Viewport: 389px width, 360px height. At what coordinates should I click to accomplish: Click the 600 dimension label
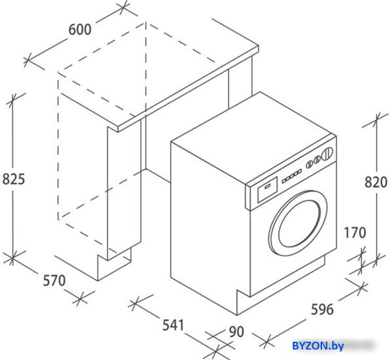pyautogui.click(x=80, y=29)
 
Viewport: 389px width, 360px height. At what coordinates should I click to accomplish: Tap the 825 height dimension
pyautogui.click(x=14, y=179)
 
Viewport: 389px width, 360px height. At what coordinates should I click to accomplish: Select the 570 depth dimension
pyautogui.click(x=54, y=281)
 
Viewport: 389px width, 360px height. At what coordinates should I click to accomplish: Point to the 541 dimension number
pyautogui.click(x=173, y=325)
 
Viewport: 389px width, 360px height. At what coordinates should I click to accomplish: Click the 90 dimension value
pyautogui.click(x=236, y=332)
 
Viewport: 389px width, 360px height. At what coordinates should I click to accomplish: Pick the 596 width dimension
pyautogui.click(x=322, y=310)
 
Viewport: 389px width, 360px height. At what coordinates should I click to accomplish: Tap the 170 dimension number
pyautogui.click(x=355, y=233)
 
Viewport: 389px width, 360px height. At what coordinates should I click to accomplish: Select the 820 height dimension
pyautogui.click(x=376, y=182)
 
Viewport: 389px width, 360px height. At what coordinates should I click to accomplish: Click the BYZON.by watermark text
pyautogui.click(x=318, y=346)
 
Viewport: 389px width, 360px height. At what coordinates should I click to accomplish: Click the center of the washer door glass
pyautogui.click(x=299, y=224)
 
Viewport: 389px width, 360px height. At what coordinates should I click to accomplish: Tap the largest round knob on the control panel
pyautogui.click(x=327, y=153)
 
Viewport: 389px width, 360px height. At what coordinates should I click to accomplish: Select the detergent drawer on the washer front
pyautogui.click(x=267, y=189)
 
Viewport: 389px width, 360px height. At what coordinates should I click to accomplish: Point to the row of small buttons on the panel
pyautogui.click(x=291, y=177)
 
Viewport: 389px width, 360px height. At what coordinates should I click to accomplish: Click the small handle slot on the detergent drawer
pyautogui.click(x=267, y=187)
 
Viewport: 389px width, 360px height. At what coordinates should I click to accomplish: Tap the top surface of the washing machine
pyautogui.click(x=253, y=139)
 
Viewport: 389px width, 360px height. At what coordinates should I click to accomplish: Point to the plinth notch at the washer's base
pyautogui.click(x=243, y=302)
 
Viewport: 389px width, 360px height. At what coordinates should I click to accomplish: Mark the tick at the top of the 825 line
pyautogui.click(x=12, y=99)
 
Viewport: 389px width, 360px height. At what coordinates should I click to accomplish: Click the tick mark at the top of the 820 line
pyautogui.click(x=377, y=120)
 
